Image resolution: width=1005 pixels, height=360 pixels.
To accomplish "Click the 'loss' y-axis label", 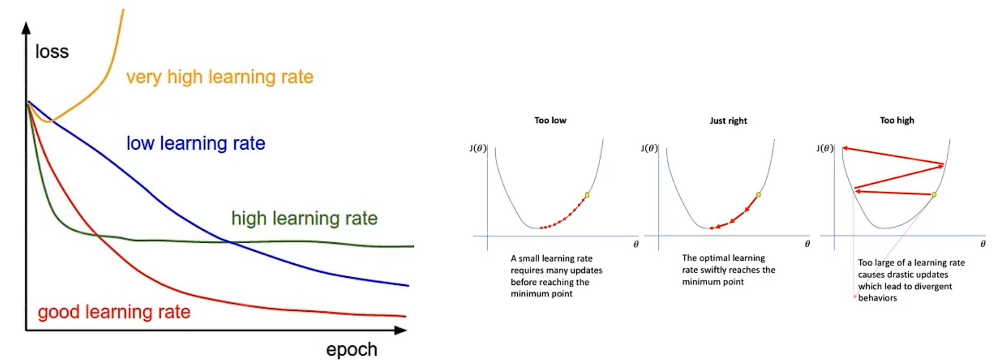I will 52,52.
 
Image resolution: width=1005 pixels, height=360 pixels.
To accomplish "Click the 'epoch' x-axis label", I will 351,349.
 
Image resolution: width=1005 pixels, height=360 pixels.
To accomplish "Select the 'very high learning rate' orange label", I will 219,77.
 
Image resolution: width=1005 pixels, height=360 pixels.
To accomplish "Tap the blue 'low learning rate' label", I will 196,143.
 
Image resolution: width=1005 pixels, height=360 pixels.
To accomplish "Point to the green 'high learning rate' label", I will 304,218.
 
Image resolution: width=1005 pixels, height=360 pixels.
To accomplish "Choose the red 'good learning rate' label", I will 114,312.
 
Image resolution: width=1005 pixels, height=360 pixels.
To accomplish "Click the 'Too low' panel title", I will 550,121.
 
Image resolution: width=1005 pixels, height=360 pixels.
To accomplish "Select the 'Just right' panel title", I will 728,121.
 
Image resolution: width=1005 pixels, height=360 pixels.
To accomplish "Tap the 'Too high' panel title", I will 897,121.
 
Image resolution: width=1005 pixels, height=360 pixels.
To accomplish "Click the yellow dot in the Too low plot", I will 587,195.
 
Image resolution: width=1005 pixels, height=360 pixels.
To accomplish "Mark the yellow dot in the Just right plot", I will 758,195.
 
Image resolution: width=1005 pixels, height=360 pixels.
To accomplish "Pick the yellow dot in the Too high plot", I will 934,195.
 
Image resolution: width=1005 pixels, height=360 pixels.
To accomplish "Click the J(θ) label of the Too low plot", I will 478,148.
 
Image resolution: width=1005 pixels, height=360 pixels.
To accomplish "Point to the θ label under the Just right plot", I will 807,244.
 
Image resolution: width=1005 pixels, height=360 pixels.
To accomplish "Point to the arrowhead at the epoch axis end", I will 401,330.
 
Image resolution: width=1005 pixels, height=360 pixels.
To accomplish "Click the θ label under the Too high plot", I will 983,244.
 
